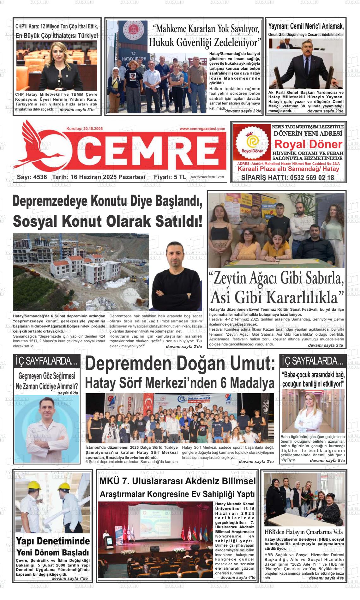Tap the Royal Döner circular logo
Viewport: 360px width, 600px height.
coord(252,142)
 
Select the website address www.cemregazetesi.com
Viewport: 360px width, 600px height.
coord(202,129)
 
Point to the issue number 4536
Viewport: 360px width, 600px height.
coord(40,177)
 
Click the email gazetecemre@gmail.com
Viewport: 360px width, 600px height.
coord(207,177)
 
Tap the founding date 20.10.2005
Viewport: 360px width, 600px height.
coord(93,129)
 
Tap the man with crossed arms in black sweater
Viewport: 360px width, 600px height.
coord(176,278)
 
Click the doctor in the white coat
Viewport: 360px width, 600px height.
coord(47,429)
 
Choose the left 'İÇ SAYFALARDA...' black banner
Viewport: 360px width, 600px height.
coord(46,361)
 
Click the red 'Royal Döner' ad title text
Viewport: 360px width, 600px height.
coord(308,144)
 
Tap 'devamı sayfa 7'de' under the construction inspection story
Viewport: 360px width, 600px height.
coord(69,578)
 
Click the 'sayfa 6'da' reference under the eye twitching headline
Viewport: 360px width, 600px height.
coord(68,393)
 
